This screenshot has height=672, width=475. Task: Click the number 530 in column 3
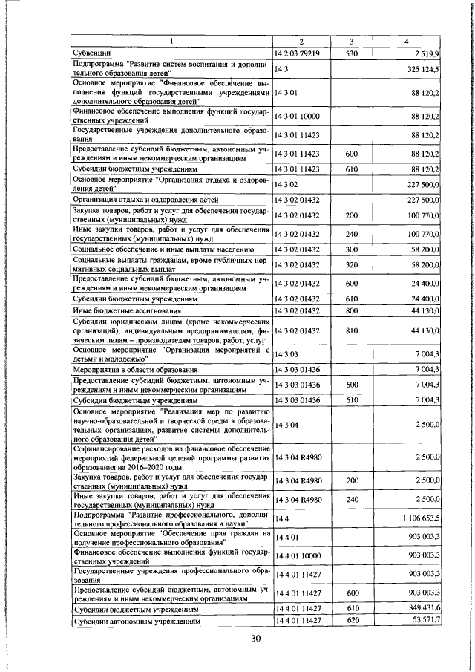pyautogui.click(x=352, y=54)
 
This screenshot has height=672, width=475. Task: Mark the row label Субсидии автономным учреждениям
pyautogui.click(x=134, y=619)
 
